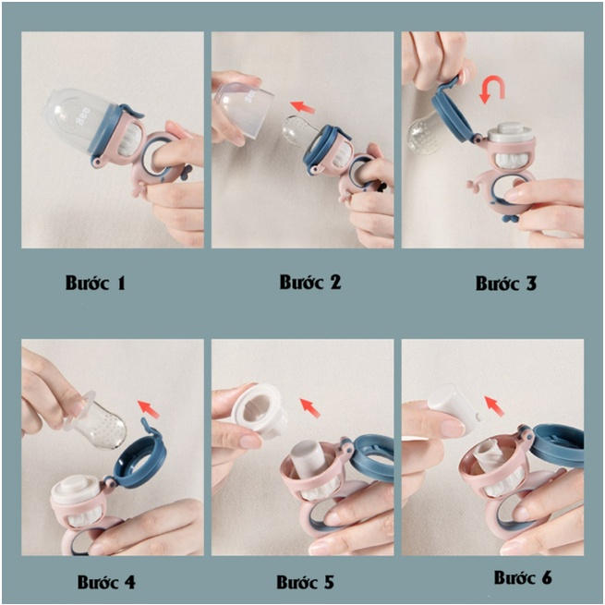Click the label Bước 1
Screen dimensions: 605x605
(95, 283)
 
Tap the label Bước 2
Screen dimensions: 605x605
(310, 282)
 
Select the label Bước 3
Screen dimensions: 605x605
(506, 284)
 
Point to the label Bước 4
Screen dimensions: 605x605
(106, 582)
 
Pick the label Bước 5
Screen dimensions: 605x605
(305, 582)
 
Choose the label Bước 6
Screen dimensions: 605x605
(523, 577)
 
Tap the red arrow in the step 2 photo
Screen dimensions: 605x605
(303, 106)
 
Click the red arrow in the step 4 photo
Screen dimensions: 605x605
(149, 409)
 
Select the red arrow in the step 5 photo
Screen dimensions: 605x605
(310, 408)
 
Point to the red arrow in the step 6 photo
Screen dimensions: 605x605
(494, 405)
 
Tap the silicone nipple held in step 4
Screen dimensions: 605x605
(101, 422)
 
